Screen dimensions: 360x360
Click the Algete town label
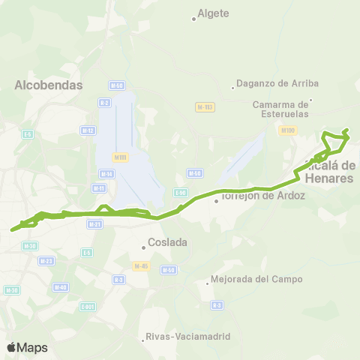pos(213,13)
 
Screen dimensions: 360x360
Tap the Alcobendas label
pos(48,85)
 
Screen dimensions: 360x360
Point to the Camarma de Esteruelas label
pos(281,109)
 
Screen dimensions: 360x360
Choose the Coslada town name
pos(167,242)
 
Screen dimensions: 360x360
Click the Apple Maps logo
pos(27,347)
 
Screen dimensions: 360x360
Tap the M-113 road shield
pos(205,107)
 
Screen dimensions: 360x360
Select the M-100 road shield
pos(286,130)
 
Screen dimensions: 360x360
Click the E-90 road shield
pos(180,193)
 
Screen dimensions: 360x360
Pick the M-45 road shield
pos(140,266)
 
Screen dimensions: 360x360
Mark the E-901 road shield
pos(88,306)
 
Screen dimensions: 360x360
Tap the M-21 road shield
pos(94,224)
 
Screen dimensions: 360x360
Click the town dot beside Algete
pos(193,19)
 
